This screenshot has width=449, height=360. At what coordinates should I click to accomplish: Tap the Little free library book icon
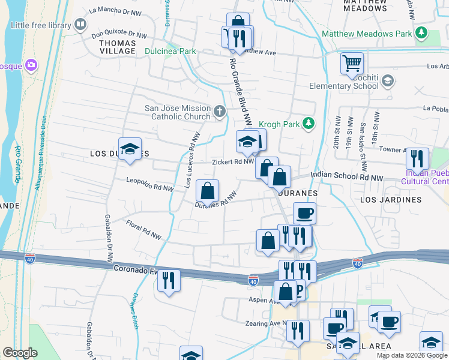80,25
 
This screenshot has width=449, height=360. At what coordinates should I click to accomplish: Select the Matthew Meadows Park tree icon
421,34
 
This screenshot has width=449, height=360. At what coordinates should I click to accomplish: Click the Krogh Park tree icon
309,124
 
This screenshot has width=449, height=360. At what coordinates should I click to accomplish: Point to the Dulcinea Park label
170,52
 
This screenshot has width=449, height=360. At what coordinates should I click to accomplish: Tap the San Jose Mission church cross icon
220,111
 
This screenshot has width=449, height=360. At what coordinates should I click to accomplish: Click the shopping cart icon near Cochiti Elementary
352,63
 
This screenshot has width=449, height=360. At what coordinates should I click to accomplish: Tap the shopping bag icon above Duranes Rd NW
207,191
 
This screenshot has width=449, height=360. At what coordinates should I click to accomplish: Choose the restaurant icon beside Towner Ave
417,158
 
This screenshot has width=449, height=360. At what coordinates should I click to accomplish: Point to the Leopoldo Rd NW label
149,184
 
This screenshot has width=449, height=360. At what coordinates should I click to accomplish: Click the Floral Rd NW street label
144,231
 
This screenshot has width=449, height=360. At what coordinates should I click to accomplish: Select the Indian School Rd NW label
346,178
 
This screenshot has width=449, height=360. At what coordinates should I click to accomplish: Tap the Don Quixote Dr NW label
119,35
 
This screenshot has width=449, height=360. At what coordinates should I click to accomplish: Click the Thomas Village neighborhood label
118,47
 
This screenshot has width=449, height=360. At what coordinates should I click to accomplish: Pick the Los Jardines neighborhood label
391,199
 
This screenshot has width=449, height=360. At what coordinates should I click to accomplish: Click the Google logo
20,353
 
